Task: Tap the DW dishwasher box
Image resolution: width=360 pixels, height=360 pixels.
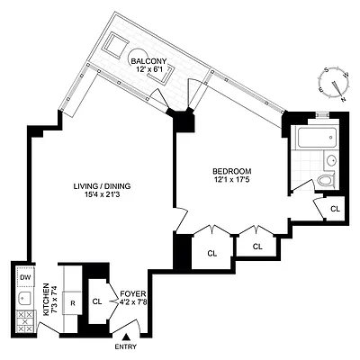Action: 23,277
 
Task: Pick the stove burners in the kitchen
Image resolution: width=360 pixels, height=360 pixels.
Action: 22,321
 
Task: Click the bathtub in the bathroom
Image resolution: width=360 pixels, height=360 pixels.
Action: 314,139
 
